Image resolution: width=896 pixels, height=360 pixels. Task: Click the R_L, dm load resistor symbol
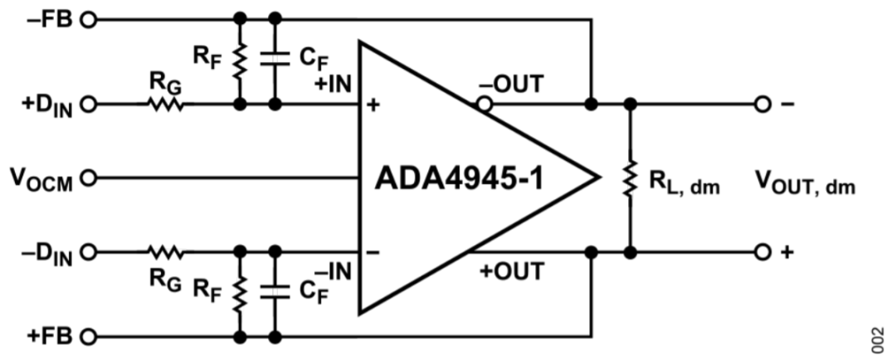click(631, 178)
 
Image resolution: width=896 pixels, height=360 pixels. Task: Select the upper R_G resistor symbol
click(165, 105)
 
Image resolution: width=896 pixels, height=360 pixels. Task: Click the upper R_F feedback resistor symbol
click(241, 61)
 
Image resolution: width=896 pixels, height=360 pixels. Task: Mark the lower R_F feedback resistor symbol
click(241, 294)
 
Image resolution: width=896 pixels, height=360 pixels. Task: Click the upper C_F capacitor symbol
click(275, 61)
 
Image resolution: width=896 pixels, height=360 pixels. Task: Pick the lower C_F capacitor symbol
click(275, 294)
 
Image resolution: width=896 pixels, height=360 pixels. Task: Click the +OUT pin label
click(512, 270)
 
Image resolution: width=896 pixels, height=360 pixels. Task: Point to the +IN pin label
click(334, 84)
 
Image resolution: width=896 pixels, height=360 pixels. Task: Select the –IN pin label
click(334, 270)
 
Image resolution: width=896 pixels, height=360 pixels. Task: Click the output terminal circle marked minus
click(761, 105)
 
